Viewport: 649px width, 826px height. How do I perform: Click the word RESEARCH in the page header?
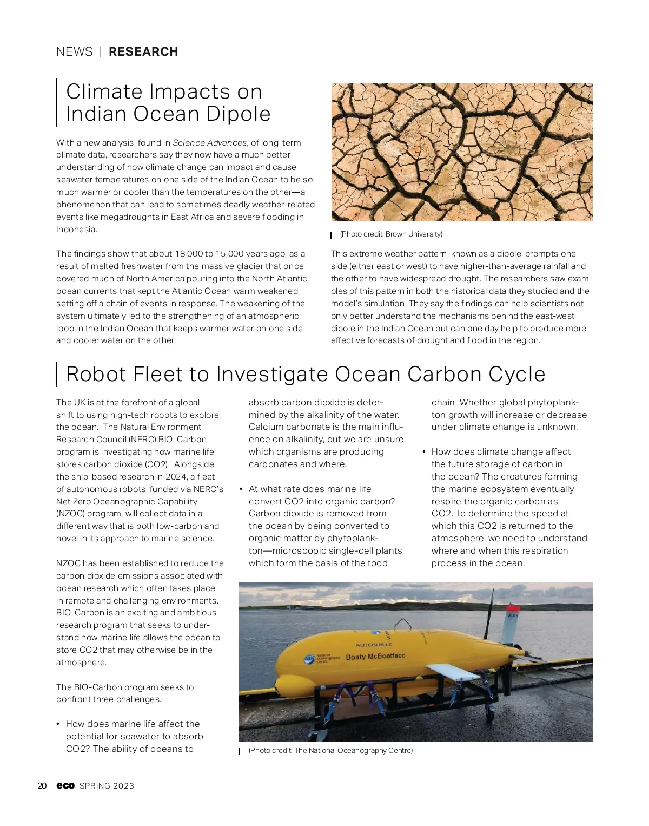[143, 52]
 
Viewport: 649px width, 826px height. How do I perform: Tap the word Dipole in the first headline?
[241, 114]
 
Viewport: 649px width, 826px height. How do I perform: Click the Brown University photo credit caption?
[390, 234]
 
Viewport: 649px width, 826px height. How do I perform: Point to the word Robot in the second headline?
[96, 375]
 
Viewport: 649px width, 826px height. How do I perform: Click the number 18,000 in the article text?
[190, 254]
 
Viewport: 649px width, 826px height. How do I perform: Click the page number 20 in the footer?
[42, 786]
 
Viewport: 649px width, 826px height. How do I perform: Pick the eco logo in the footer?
[65, 786]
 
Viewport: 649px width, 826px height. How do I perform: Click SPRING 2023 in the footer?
[107, 786]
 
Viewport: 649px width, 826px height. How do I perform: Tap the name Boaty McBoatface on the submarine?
[375, 657]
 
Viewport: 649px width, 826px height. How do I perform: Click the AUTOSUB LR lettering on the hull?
[373, 645]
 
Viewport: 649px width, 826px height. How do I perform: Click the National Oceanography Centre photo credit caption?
[330, 751]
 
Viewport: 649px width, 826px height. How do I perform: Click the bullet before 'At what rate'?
[240, 489]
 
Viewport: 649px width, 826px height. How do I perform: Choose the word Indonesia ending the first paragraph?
[76, 230]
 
